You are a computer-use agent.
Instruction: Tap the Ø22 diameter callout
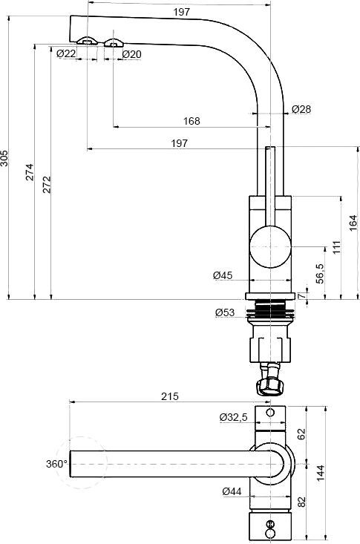[65, 53]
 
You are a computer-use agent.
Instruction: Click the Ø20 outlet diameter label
[131, 53]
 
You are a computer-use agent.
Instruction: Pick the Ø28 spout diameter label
[301, 109]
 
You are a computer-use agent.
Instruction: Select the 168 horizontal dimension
[192, 121]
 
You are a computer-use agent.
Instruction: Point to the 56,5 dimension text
[320, 273]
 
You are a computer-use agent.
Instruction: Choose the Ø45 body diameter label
[223, 275]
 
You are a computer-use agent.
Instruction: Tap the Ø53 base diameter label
[226, 312]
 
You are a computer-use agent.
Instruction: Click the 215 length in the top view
[169, 397]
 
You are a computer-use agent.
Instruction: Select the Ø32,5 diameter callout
[234, 417]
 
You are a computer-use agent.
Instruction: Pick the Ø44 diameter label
[232, 491]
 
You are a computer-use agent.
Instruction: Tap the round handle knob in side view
[269, 246]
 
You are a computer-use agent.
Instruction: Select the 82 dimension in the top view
[301, 502]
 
